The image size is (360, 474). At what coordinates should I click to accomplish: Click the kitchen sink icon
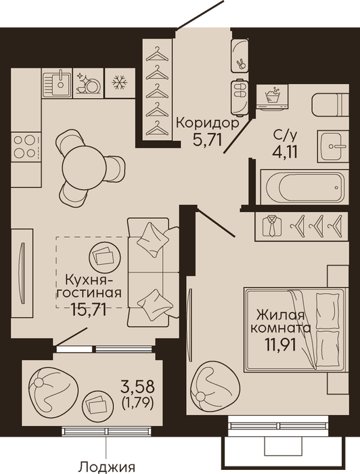(57, 83)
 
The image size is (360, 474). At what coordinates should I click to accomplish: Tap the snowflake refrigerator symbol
(120, 83)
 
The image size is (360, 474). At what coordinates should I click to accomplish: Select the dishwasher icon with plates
(88, 83)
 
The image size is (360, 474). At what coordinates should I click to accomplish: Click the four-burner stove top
(26, 146)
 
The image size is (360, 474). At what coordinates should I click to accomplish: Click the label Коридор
(208, 123)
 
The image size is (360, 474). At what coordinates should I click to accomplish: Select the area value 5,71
(208, 140)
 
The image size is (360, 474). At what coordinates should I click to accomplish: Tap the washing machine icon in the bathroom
(272, 97)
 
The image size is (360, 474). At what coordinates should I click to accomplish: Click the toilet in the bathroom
(330, 104)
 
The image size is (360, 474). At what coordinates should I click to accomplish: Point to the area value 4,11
(285, 152)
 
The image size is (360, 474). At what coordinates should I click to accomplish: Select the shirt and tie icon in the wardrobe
(272, 226)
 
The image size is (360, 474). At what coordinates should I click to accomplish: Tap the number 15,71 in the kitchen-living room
(89, 309)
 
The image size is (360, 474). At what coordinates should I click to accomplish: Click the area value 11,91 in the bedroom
(279, 344)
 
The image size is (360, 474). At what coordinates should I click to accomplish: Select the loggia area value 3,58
(137, 387)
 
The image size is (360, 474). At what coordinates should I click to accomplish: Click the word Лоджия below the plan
(107, 467)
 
